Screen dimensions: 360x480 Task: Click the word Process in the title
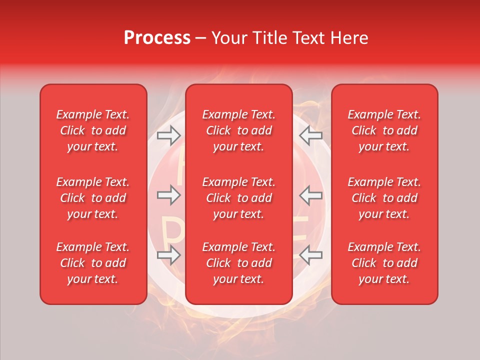point(157,38)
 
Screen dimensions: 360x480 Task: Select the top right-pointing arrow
point(168,135)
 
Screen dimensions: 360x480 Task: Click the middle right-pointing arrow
point(168,195)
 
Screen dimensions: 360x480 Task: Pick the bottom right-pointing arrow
point(168,255)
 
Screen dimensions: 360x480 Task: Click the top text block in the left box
point(93,130)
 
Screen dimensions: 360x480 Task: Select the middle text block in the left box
point(93,198)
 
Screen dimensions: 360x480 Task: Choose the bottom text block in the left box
point(93,263)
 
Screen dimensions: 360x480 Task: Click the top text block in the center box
point(238,130)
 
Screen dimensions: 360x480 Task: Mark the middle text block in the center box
point(238,198)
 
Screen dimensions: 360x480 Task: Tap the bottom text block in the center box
point(238,263)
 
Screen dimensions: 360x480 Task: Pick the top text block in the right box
point(384,130)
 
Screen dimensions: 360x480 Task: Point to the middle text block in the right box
point(384,198)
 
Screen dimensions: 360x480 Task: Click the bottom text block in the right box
point(384,263)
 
